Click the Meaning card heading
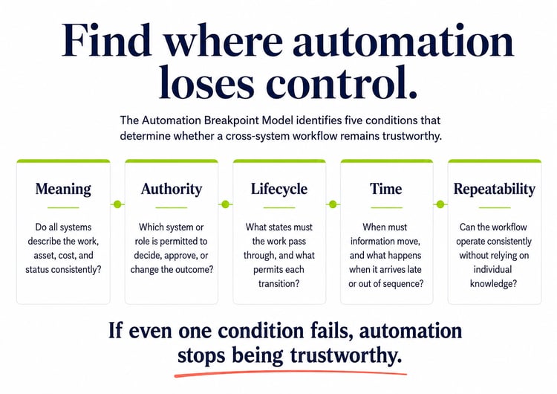pyautogui.click(x=63, y=189)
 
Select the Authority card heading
pyautogui.click(x=172, y=189)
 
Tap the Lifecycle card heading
pyautogui.click(x=279, y=189)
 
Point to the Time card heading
pyautogui.click(x=385, y=189)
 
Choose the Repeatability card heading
pyautogui.click(x=494, y=189)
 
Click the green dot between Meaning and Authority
pyautogui.click(x=117, y=204)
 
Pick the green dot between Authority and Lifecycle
pyautogui.click(x=225, y=204)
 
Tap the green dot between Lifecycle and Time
pyautogui.click(x=333, y=204)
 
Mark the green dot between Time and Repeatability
pyautogui.click(x=440, y=204)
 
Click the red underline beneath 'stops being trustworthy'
pyautogui.click(x=290, y=372)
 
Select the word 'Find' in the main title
pyautogui.click(x=107, y=40)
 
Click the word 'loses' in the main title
pyautogui.click(x=206, y=82)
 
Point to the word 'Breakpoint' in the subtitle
pyautogui.click(x=231, y=120)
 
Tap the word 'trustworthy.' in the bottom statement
pyautogui.click(x=345, y=355)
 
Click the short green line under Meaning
pyautogui.click(x=63, y=207)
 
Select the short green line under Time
pyautogui.click(x=386, y=207)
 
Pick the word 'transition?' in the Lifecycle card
pyautogui.click(x=278, y=284)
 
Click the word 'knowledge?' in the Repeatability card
pyautogui.click(x=493, y=284)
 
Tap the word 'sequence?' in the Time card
pyautogui.click(x=405, y=284)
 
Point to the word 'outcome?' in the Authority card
pyautogui.click(x=197, y=270)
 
